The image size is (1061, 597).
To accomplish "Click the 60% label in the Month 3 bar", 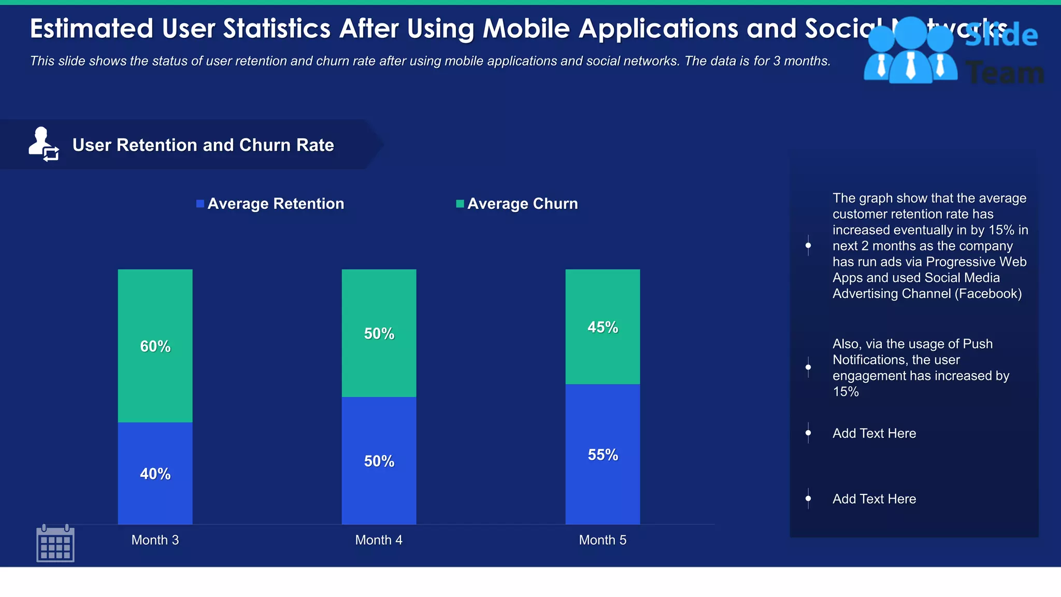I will [155, 346].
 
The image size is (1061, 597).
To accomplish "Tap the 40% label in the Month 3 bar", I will [155, 474].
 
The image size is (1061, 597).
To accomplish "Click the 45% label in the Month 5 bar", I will [603, 327].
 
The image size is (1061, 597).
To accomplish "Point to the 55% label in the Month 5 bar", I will [603, 454].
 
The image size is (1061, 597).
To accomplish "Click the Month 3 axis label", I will [155, 540].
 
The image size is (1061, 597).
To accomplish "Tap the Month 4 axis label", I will [379, 540].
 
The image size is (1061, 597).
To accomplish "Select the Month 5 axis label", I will [603, 540].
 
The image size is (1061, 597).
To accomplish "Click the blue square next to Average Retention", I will [200, 204].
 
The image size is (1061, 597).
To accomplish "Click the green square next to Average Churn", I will [460, 204].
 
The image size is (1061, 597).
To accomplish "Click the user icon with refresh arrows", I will [44, 144].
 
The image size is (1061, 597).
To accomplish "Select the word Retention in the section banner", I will [156, 145].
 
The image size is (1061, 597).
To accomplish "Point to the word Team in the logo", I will [1005, 73].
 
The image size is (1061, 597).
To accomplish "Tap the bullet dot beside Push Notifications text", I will [808, 367].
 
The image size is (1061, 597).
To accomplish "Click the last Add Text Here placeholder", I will [874, 499].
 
